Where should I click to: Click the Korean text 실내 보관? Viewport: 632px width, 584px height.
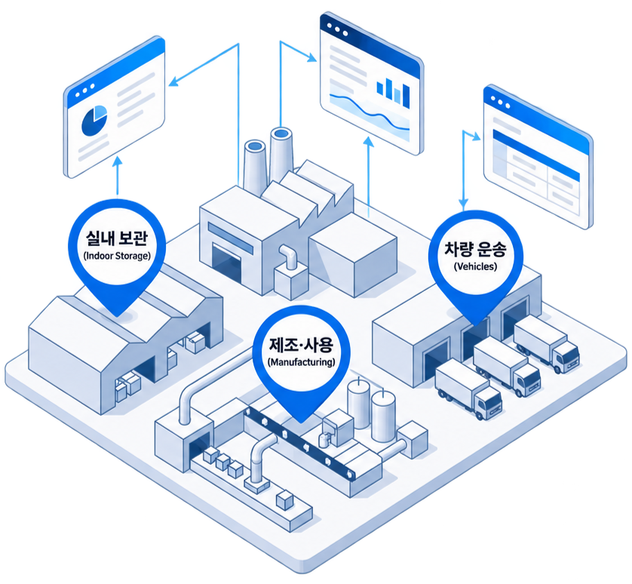tap(117, 238)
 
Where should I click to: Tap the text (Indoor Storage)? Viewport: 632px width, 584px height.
tap(117, 256)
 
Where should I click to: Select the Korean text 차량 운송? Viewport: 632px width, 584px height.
tap(475, 249)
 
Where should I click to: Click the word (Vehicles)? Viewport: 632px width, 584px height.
tap(475, 266)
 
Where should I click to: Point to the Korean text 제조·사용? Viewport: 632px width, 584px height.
tap(301, 345)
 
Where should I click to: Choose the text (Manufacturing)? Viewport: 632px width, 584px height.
tap(301, 362)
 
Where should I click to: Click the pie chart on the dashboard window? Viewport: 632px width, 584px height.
tap(94, 120)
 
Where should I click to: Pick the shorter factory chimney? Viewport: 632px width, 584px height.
tap(255, 166)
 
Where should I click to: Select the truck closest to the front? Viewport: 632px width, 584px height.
tap(468, 389)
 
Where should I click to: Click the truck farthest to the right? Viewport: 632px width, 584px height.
tap(547, 344)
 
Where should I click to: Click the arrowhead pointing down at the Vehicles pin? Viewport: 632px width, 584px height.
tap(464, 203)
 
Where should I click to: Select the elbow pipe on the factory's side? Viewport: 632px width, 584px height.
tap(289, 256)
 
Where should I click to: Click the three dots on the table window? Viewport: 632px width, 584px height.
tap(500, 102)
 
